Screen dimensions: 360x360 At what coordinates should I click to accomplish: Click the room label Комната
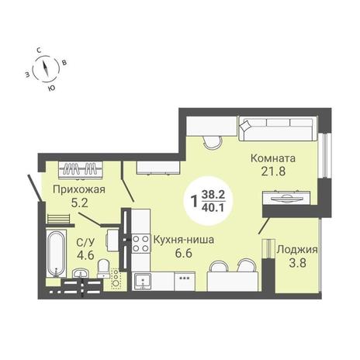273,158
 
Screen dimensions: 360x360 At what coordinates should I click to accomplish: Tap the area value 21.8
273,171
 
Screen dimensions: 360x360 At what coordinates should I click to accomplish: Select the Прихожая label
79,190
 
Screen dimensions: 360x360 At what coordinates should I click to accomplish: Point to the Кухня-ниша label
184,240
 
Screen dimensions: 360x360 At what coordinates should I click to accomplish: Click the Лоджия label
297,250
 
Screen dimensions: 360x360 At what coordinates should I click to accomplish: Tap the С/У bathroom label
85,243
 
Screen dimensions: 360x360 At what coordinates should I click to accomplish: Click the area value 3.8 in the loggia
298,263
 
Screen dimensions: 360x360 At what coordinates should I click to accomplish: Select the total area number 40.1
213,208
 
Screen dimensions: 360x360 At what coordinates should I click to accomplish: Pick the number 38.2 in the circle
213,195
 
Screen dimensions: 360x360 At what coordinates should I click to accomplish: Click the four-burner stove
140,244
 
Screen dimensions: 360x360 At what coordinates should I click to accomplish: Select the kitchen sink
143,282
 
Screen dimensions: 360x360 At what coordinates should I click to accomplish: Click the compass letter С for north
39,50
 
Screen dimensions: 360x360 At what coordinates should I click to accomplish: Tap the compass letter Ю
52,88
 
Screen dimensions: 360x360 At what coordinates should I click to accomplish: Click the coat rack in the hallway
81,170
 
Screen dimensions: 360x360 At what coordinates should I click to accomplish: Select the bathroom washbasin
81,273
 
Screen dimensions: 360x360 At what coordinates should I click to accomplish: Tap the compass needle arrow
46,67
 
